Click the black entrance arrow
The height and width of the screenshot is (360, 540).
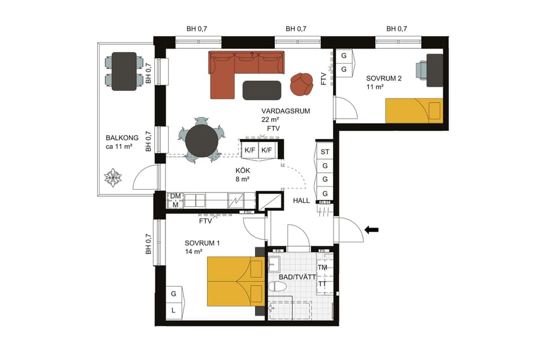371,229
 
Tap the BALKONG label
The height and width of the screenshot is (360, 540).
122,137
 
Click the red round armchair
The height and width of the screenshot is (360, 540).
301,84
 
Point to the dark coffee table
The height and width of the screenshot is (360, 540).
262,90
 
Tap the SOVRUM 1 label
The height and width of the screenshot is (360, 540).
202,243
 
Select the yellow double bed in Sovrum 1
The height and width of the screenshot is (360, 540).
235,281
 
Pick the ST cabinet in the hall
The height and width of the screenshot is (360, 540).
325,152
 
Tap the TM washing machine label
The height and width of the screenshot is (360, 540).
322,268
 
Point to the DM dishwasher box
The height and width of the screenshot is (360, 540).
175,196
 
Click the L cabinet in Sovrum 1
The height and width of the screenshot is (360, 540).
173,310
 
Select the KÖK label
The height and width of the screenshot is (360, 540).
242,170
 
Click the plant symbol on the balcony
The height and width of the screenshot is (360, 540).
113,178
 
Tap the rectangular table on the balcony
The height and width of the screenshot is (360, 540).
124,71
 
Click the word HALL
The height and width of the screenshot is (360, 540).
301,200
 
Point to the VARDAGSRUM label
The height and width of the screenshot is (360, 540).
286,111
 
